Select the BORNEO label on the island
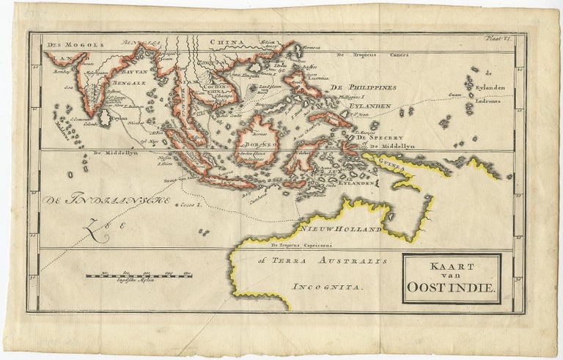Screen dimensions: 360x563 (254, 145)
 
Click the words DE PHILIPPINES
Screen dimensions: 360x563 (358, 87)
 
